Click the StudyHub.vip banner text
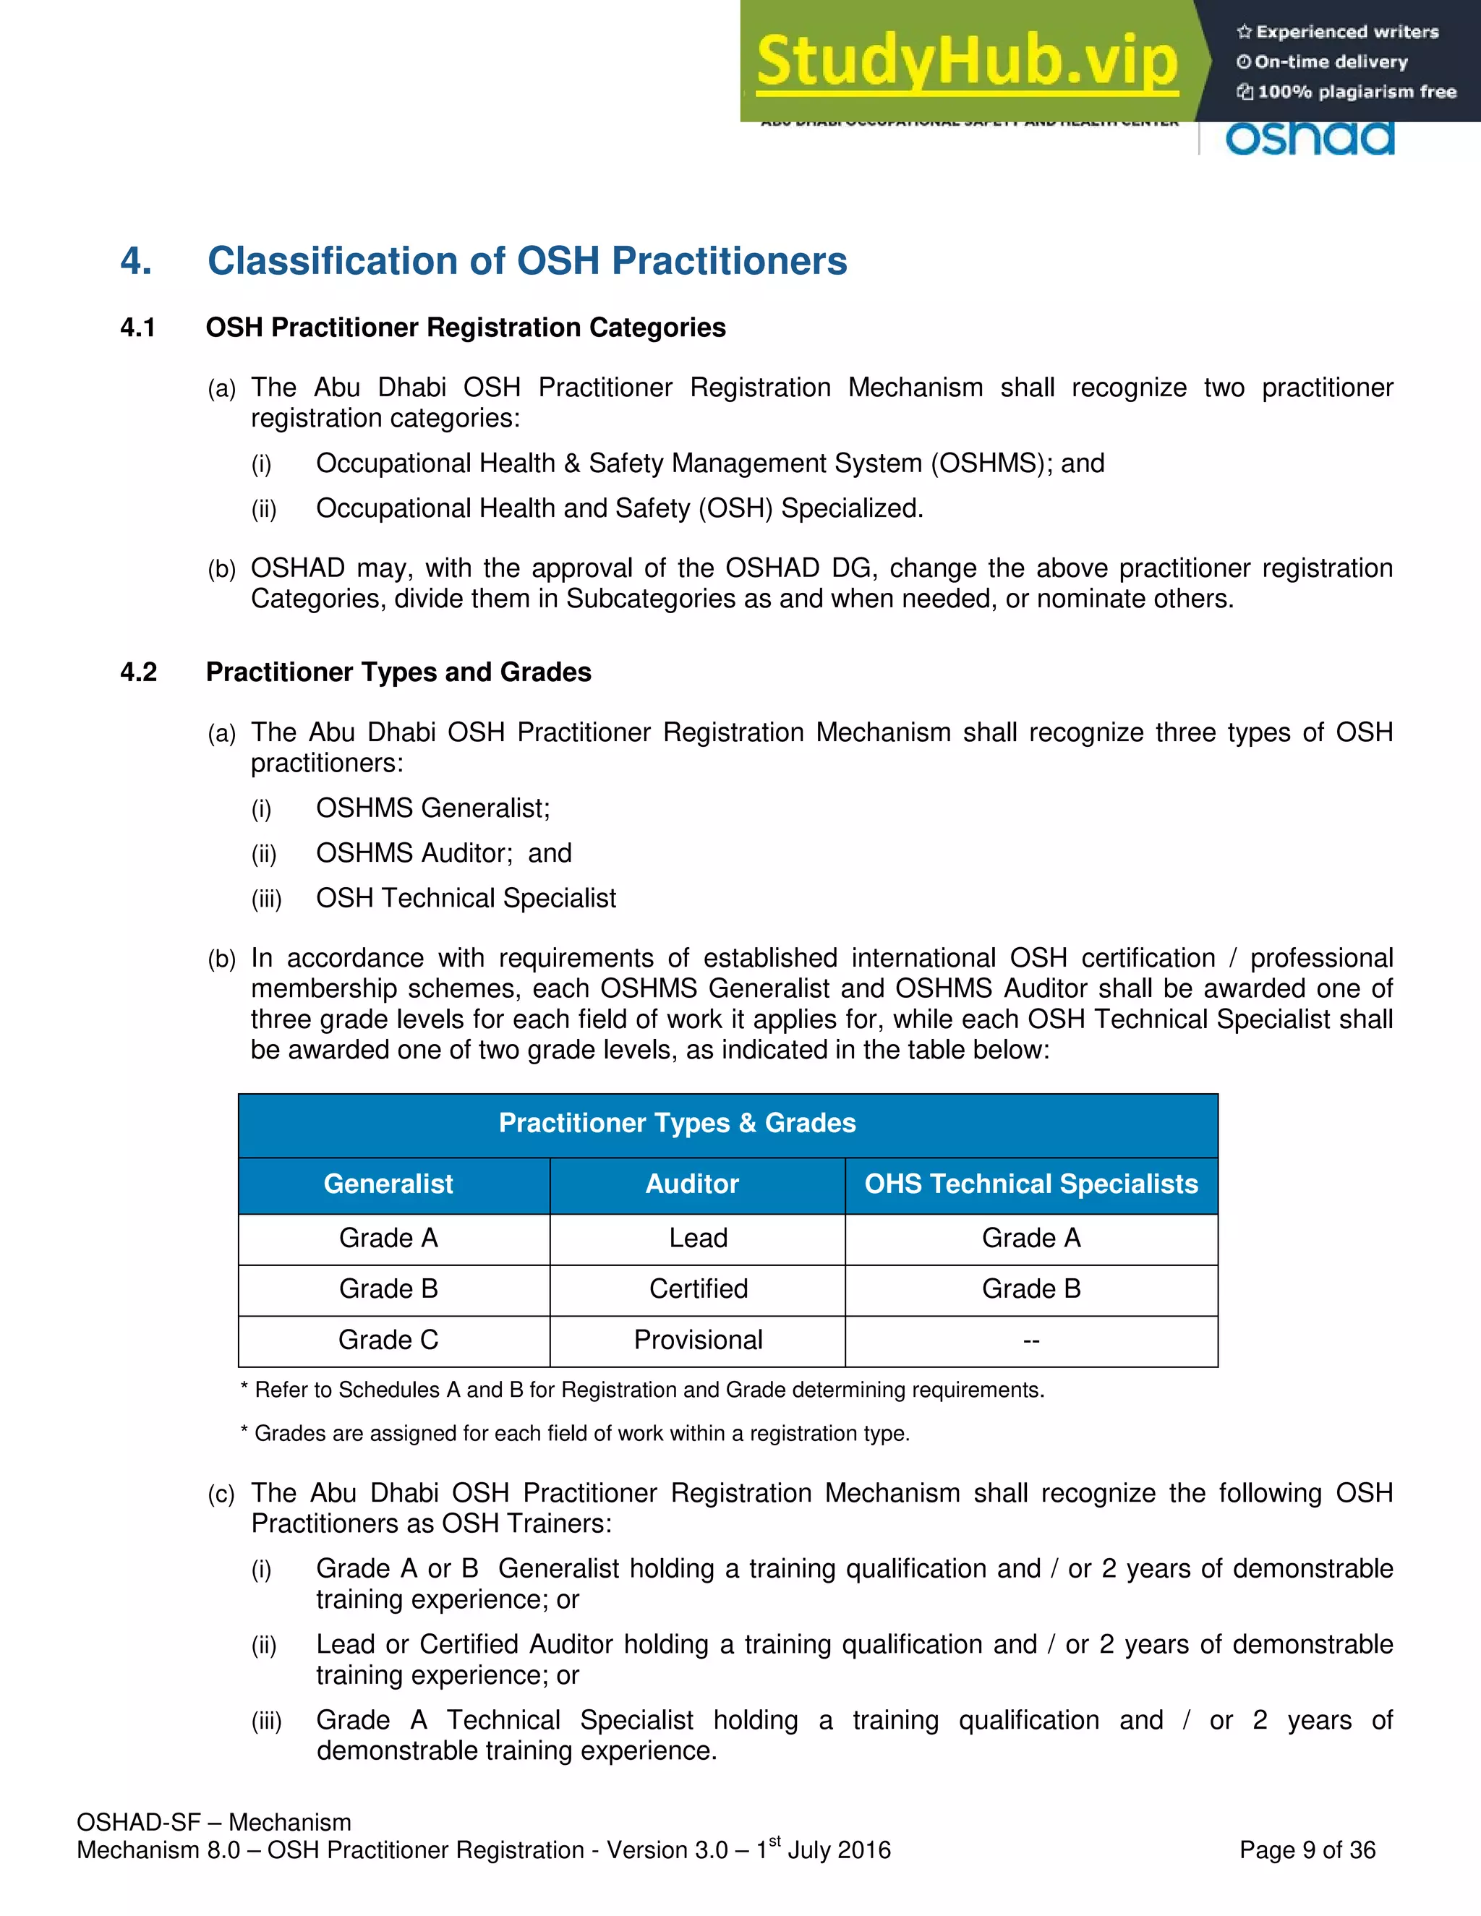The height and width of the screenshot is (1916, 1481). (966, 61)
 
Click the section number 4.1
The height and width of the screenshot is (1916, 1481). (137, 328)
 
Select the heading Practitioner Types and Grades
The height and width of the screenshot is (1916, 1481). (398, 672)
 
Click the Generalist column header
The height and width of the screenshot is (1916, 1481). (388, 1184)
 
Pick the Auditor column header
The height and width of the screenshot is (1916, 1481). (692, 1184)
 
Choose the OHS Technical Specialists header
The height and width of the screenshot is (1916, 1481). (1031, 1184)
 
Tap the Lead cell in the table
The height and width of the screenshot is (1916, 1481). (698, 1238)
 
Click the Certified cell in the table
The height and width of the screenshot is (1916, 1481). (698, 1288)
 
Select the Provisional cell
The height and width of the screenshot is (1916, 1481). (698, 1340)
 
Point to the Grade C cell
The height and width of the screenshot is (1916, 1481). (388, 1340)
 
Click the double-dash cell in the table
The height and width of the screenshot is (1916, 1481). (1031, 1340)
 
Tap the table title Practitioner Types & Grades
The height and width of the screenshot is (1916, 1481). (678, 1123)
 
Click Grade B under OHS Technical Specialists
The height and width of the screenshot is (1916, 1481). (1031, 1288)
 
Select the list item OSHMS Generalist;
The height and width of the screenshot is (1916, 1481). (432, 808)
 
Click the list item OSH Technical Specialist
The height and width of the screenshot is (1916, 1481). (466, 898)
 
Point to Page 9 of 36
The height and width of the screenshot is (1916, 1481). (1307, 1850)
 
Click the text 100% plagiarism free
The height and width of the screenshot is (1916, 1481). (1356, 92)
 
